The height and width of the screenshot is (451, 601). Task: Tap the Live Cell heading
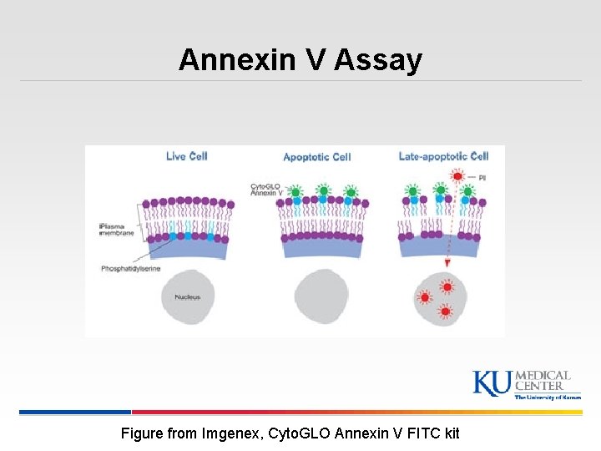[x=186, y=156]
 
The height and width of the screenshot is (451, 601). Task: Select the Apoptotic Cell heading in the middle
[x=316, y=157]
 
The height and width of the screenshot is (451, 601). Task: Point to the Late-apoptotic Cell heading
[x=442, y=156]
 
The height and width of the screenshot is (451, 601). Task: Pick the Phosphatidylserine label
[x=130, y=269]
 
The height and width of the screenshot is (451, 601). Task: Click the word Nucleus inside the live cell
[x=187, y=297]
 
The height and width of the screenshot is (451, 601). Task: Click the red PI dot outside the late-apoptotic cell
[x=457, y=176]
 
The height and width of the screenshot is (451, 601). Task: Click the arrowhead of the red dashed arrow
[x=447, y=263]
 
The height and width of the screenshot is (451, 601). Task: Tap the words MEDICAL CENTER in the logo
[x=543, y=381]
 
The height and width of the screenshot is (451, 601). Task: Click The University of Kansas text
[x=547, y=398]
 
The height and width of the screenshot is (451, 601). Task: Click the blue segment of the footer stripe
[x=75, y=412]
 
